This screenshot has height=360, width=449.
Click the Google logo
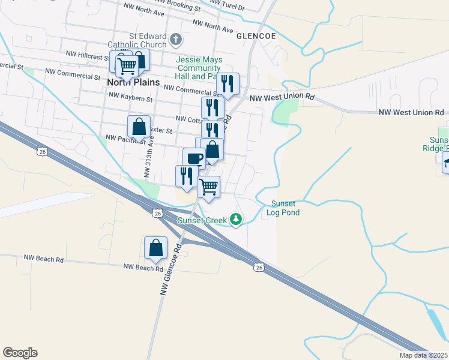coord(20,353)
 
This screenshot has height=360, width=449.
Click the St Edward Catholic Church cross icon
coord(175,40)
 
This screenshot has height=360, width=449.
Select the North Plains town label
coord(133,82)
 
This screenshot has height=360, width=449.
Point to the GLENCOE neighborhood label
coord(256,36)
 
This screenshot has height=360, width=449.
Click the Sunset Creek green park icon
coord(237,220)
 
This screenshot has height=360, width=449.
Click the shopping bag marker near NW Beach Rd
coord(155,248)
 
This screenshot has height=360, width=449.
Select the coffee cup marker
coord(194,158)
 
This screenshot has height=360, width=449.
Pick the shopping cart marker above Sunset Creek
coord(208,187)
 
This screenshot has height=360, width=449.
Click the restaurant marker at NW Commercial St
coord(228,84)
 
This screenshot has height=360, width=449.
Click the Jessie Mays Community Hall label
coord(199,68)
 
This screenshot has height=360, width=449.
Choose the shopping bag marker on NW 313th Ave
coord(139,127)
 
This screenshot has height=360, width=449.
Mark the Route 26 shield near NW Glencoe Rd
coord(157,213)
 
